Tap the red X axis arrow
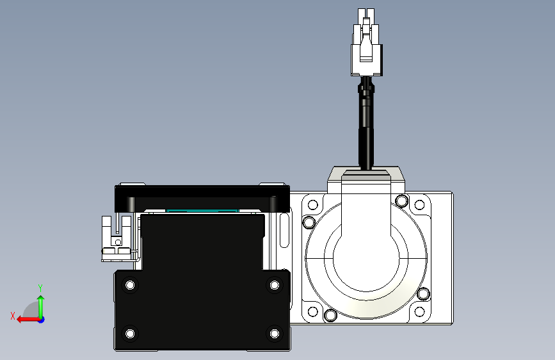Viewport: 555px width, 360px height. click(x=26, y=319)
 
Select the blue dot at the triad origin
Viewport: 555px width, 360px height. click(x=41, y=319)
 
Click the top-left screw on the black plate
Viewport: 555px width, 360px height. click(x=131, y=284)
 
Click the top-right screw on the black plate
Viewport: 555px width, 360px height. click(x=274, y=284)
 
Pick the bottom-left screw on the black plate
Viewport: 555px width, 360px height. click(x=131, y=333)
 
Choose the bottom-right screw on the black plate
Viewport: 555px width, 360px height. click(x=274, y=333)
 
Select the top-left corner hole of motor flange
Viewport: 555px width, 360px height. click(x=313, y=206)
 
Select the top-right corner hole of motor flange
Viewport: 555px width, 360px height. click(x=419, y=206)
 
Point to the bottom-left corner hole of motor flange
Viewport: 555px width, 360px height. click(x=313, y=312)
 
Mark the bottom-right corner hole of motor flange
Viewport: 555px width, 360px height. click(x=419, y=312)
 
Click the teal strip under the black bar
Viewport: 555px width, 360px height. click(x=202, y=211)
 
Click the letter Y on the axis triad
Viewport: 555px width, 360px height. click(x=40, y=288)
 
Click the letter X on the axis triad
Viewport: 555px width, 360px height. click(x=13, y=316)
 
